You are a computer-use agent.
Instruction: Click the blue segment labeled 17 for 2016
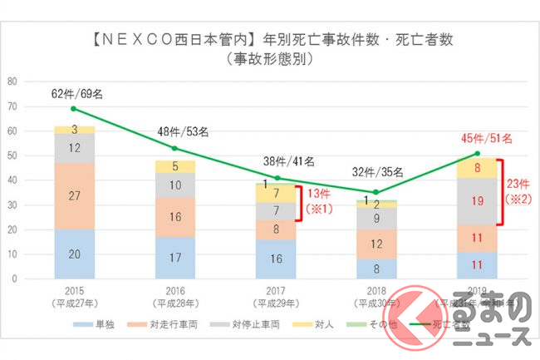174,258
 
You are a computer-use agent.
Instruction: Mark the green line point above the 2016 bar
174,148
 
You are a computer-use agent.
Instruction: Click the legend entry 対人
322,324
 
